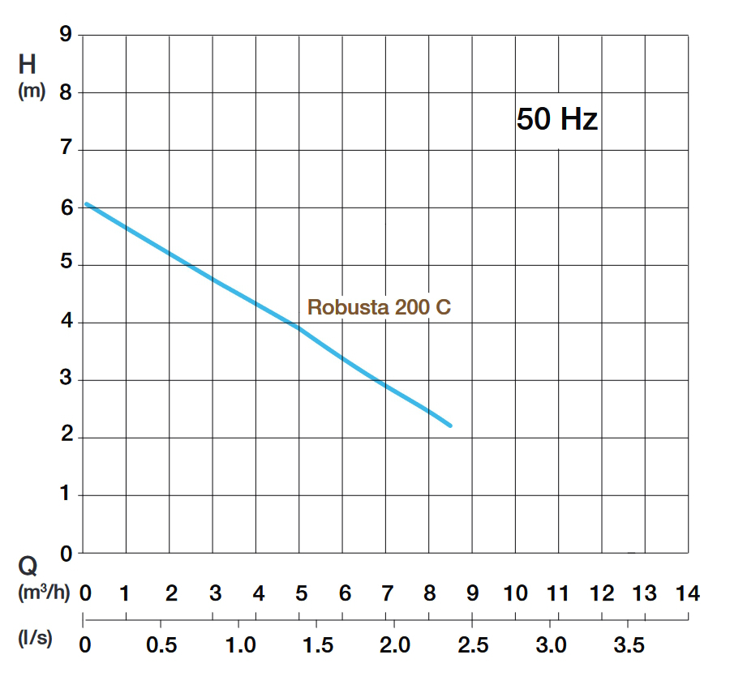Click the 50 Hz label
pos(557,120)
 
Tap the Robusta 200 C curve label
pos(379,308)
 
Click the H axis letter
pos(28,64)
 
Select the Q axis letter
pos(28,566)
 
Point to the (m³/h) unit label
pos(43,593)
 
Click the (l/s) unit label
pos(35,638)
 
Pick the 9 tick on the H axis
pos(66,35)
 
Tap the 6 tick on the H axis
pos(66,208)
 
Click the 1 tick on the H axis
pos(66,495)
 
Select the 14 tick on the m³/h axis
pos(687,593)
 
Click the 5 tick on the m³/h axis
pos(301,593)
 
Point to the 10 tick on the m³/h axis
pos(515,593)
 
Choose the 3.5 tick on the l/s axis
pos(629,645)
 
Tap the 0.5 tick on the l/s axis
pos(161,645)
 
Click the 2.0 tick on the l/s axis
pos(395,645)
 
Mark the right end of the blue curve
pos(450,426)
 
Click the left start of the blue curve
pos(86,203)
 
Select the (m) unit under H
pos(32,92)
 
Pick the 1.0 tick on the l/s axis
pos(240,645)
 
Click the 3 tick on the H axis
pos(66,380)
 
